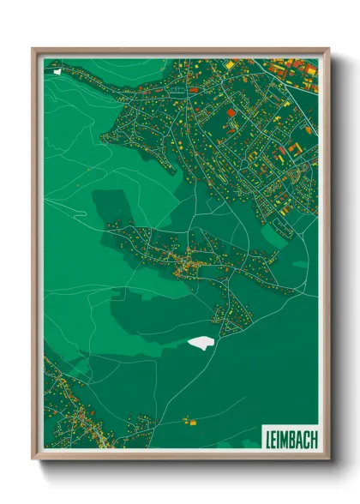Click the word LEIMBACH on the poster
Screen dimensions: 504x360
289,438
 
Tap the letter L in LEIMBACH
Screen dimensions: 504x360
266,438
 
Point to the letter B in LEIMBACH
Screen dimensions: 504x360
290,438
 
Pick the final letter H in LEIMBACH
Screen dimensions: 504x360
313,438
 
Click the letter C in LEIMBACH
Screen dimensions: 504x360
305,438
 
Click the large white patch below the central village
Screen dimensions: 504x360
199,343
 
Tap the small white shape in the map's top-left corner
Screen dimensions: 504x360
57,71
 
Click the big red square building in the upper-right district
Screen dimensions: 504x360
231,112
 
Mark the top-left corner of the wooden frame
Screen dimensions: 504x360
34,50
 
